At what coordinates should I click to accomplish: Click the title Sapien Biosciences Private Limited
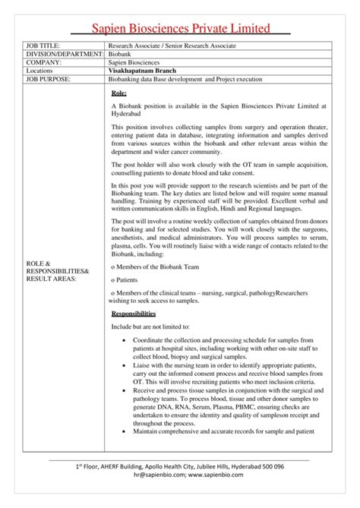pyautogui.click(x=180, y=29)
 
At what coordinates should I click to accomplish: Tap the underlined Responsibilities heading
pyautogui.click(x=133, y=313)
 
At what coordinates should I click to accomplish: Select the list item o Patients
pyautogui.click(x=125, y=279)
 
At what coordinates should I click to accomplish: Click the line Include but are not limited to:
pyautogui.click(x=153, y=325)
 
